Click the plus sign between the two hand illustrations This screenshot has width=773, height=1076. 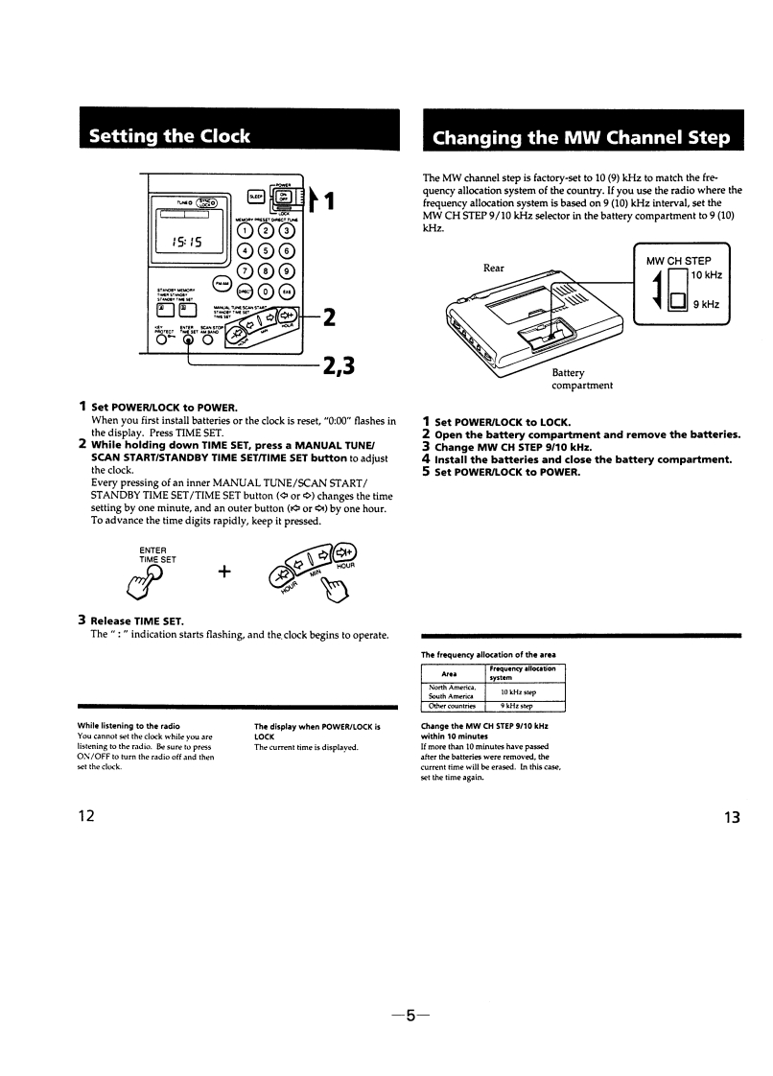tap(224, 572)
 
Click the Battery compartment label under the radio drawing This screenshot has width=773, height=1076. tap(582, 380)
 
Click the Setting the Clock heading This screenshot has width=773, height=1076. tap(169, 135)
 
